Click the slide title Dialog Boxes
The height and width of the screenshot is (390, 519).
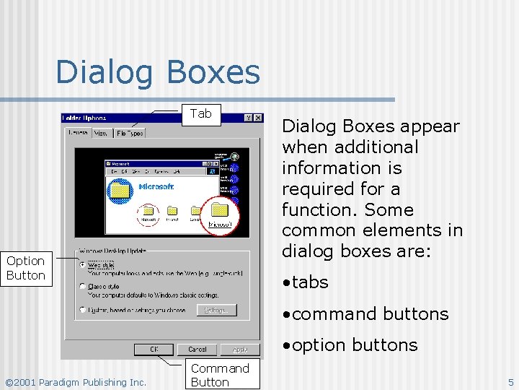pos(157,72)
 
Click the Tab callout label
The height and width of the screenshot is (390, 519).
pos(200,113)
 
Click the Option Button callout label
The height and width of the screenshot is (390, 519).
pos(26,268)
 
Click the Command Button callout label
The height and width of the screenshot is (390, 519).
pos(219,375)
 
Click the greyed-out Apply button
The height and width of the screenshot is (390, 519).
pos(239,350)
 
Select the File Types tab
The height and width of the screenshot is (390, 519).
pos(130,133)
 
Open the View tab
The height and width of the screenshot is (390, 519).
pos(101,133)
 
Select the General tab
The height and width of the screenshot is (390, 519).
pos(78,132)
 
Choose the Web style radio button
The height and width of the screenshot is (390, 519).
pos(82,264)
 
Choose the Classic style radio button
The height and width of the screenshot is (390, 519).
pos(82,287)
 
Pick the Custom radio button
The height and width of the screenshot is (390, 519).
pos(82,310)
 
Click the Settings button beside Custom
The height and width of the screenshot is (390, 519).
pos(215,310)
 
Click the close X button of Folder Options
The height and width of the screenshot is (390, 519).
pos(257,118)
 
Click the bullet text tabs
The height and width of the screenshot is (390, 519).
pos(310,282)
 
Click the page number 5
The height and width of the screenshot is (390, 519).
pos(510,382)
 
